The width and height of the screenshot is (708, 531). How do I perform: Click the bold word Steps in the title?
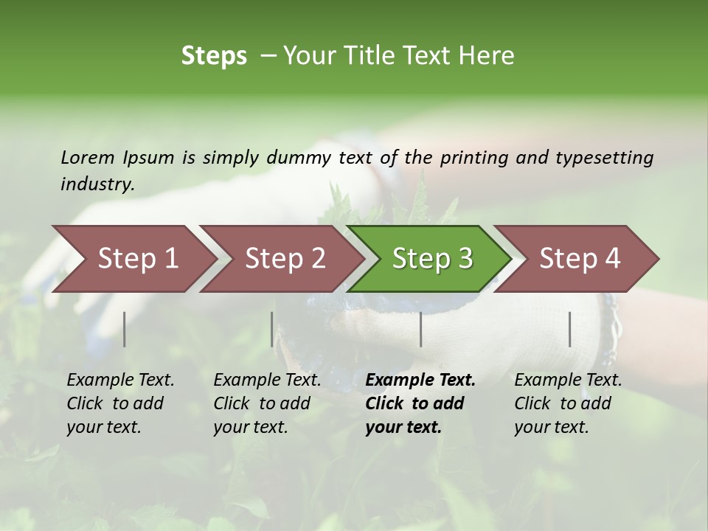214,56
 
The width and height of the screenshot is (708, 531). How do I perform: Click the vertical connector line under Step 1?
125,329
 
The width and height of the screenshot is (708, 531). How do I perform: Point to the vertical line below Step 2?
272,329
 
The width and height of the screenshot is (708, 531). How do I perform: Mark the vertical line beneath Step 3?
421,329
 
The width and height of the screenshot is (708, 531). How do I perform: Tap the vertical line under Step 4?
570,329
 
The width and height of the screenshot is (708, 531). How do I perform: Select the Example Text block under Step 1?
119,403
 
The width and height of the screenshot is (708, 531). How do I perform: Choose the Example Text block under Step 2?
266,403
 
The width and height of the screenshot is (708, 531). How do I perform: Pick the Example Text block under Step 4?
567,403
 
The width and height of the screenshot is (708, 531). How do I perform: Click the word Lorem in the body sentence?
88,157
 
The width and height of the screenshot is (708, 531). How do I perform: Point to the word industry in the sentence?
97,184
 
